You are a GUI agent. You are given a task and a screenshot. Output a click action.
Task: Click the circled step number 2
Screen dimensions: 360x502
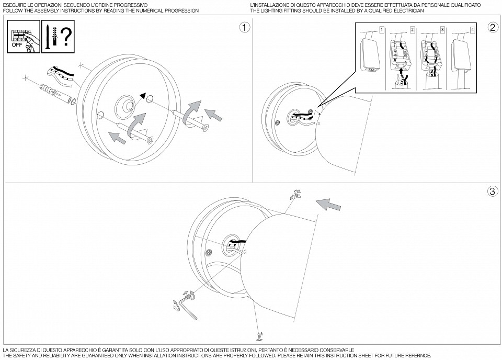(x=493, y=28)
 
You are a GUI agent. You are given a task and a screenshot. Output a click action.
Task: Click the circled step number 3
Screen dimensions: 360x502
(x=493, y=192)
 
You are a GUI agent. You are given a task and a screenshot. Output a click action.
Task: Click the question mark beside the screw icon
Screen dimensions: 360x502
(x=65, y=37)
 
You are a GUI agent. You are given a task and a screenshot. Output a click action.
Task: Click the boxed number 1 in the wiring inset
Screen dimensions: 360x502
(x=382, y=30)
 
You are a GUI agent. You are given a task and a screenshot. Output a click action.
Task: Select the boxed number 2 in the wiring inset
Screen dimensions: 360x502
(x=412, y=30)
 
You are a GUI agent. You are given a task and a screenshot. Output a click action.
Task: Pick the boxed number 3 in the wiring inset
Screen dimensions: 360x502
(x=442, y=30)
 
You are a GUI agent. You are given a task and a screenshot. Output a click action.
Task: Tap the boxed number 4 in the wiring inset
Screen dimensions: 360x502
(x=473, y=30)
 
